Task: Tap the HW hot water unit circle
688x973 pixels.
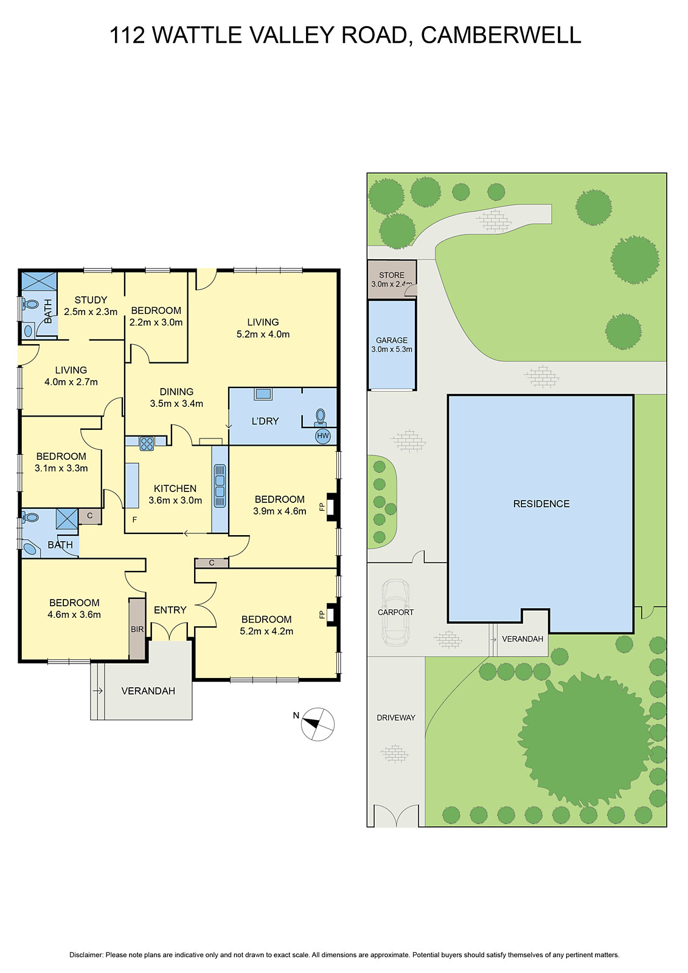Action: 323,435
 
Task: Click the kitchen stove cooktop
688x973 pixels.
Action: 147,444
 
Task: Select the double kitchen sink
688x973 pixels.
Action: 220,486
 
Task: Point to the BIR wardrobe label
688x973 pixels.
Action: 137,629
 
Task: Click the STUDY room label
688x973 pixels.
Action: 91,300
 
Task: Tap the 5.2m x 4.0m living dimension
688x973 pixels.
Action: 263,334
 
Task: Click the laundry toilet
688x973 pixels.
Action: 321,417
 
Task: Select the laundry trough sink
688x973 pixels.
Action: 263,394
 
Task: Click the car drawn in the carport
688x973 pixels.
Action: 395,612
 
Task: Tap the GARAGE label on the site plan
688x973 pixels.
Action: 392,341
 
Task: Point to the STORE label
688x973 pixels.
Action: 392,275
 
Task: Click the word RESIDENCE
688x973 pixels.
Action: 541,504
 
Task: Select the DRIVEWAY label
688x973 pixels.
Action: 396,718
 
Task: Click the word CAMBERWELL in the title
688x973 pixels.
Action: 501,35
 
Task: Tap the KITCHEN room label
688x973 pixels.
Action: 175,488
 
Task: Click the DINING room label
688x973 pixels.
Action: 176,392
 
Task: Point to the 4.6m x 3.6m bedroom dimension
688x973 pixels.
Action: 74,614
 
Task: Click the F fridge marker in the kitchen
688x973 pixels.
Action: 134,520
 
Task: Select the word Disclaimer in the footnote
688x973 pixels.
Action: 86,955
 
